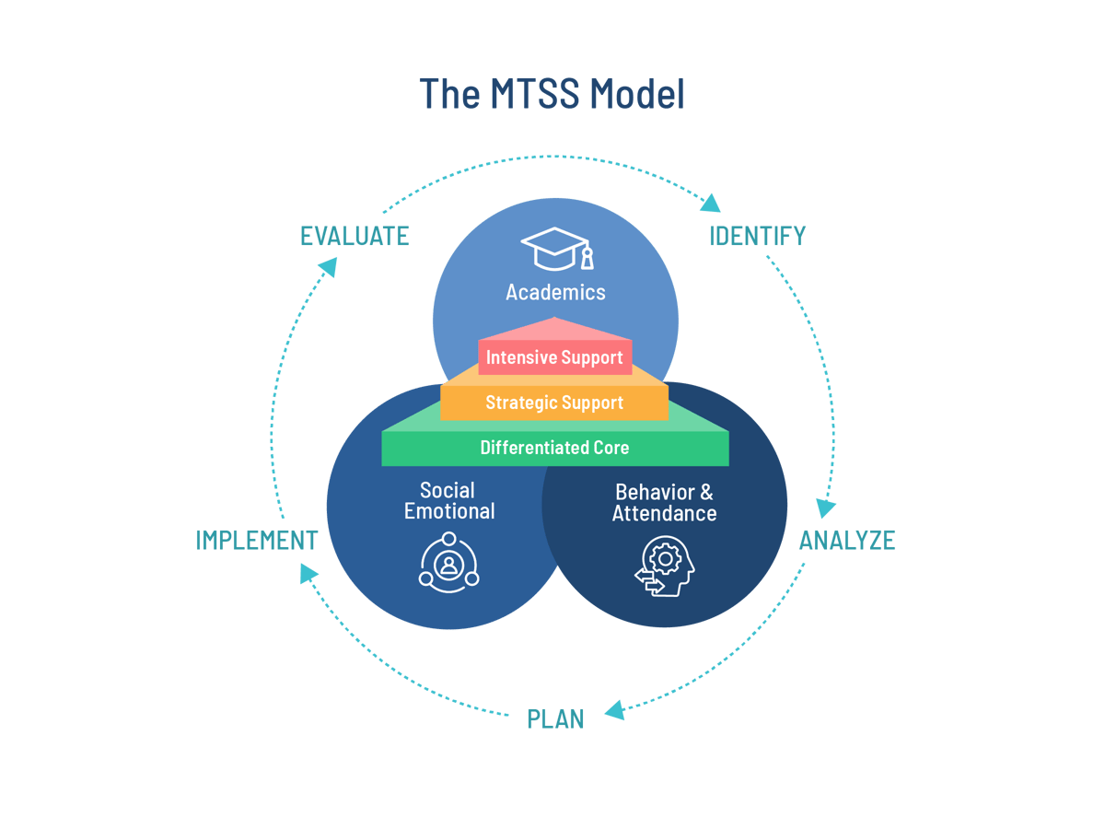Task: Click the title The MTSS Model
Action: pos(552,94)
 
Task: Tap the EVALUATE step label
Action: pos(355,237)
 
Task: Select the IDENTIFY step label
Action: pos(757,237)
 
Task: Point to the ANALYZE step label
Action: pos(846,540)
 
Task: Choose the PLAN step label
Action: pos(555,718)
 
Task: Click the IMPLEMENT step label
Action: pos(257,540)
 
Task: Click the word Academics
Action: pos(555,293)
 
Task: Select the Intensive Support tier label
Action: pos(554,357)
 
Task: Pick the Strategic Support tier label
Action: pos(554,403)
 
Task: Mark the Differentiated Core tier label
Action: pos(554,449)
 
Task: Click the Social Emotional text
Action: pos(448,501)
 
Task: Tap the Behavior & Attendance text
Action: pos(664,503)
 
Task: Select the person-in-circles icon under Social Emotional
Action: pos(449,565)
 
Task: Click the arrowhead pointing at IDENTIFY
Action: pos(712,202)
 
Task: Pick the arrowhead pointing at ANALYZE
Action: pos(826,507)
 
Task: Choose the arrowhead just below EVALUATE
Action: pos(327,265)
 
